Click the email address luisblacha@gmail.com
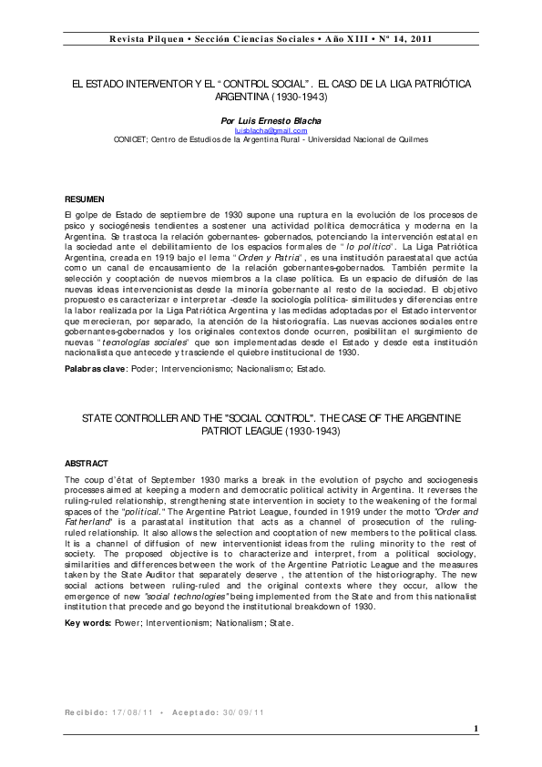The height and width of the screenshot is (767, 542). tap(271, 130)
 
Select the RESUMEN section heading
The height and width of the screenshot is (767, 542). tap(85, 199)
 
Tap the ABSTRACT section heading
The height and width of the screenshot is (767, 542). tap(87, 464)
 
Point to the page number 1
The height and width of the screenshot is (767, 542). tap(476, 730)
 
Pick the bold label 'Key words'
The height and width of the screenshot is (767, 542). tap(88, 623)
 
